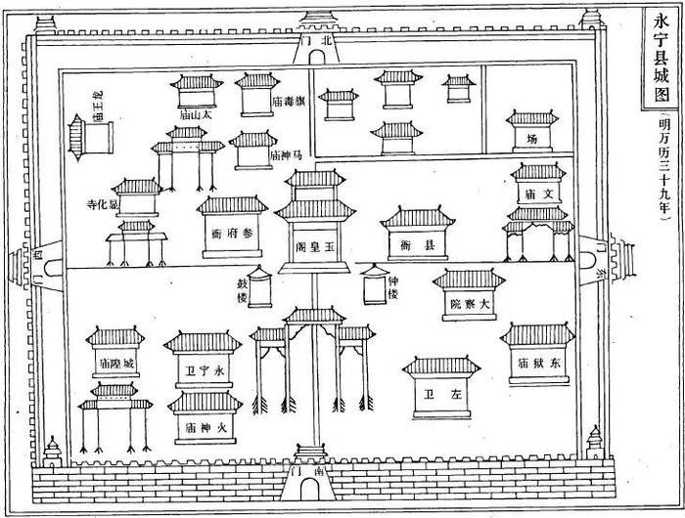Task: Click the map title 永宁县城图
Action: (x=659, y=58)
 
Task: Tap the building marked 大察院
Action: (x=469, y=298)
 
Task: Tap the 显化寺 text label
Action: (x=99, y=205)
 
